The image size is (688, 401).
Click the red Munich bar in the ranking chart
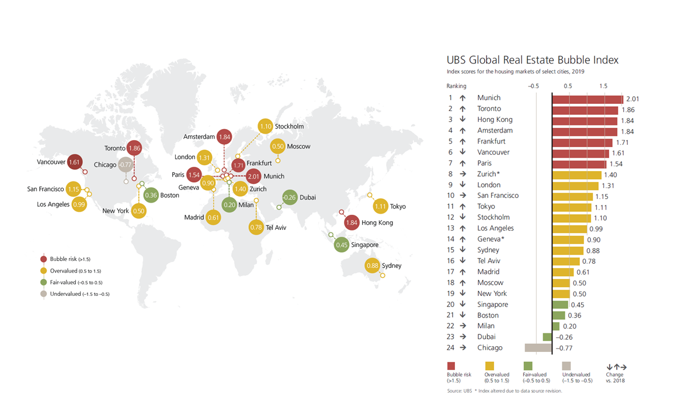click(x=587, y=98)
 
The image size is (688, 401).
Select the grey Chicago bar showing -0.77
click(x=538, y=348)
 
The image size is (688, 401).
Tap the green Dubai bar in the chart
click(x=547, y=337)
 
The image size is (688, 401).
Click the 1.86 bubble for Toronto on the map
click(x=135, y=148)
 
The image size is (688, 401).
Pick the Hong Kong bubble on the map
click(x=352, y=222)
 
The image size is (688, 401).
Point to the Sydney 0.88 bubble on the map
click(x=373, y=266)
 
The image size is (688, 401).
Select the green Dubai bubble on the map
click(x=290, y=197)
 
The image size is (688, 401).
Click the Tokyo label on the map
click(x=398, y=206)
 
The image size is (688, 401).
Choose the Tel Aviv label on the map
click(x=276, y=227)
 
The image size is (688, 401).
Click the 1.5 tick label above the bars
click(x=603, y=86)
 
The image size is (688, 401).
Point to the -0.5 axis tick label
click(x=533, y=86)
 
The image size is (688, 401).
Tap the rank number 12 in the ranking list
click(x=450, y=218)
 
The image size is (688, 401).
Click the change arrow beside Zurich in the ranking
click(x=462, y=174)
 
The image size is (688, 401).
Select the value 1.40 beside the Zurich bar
click(x=610, y=175)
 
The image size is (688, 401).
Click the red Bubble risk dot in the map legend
click(x=43, y=259)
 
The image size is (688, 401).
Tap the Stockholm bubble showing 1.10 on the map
click(x=266, y=126)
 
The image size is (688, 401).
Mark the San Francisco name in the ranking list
click(x=498, y=196)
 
